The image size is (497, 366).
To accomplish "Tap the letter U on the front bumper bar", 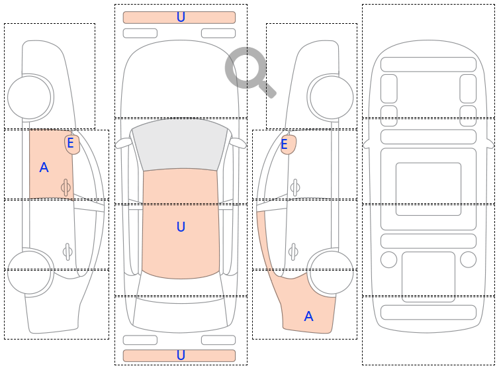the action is pyautogui.click(x=181, y=17).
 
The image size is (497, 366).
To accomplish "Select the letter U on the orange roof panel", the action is pyautogui.click(x=181, y=226).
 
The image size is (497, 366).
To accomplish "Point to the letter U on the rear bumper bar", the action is pyautogui.click(x=181, y=355).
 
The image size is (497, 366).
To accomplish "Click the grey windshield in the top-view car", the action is pyautogui.click(x=180, y=144).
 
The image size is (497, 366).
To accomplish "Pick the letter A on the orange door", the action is pyautogui.click(x=44, y=167).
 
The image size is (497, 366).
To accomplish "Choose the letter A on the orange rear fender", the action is pyautogui.click(x=308, y=316).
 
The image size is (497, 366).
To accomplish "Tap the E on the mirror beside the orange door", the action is pyautogui.click(x=71, y=143).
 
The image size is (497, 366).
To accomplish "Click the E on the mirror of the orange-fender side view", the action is pyautogui.click(x=285, y=144).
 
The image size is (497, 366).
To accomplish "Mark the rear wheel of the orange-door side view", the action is pyautogui.click(x=29, y=273).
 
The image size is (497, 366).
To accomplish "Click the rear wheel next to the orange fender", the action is pyautogui.click(x=332, y=273).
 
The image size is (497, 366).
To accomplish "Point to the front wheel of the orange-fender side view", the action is pyautogui.click(x=332, y=97).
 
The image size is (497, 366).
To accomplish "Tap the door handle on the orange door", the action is pyautogui.click(x=66, y=187).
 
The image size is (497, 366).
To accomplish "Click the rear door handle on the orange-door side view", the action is pyautogui.click(x=68, y=252).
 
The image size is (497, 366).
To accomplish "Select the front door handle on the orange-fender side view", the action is pyautogui.click(x=294, y=187).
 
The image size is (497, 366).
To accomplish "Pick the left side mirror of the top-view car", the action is pyautogui.click(x=123, y=143).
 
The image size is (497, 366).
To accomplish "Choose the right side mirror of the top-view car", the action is pyautogui.click(x=238, y=143).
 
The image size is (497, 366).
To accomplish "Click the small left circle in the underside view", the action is pyautogui.click(x=388, y=259).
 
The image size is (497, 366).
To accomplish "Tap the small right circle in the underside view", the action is pyautogui.click(x=468, y=259).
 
